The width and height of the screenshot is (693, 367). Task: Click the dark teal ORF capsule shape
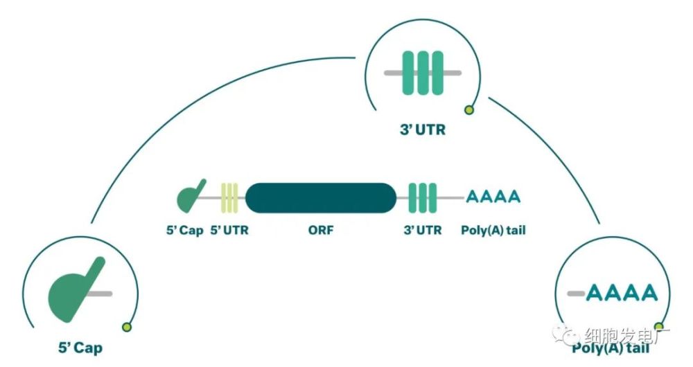click(x=320, y=198)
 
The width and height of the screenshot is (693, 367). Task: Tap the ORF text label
click(x=320, y=230)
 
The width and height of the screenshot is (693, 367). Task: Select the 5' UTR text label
click(x=229, y=230)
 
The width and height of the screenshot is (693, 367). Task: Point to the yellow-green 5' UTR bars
click(x=229, y=198)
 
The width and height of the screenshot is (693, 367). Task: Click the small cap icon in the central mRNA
click(x=191, y=197)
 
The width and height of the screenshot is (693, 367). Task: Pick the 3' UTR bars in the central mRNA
click(x=423, y=198)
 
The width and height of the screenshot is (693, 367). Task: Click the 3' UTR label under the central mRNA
click(x=422, y=230)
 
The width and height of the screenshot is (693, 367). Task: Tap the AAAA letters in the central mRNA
click(x=493, y=197)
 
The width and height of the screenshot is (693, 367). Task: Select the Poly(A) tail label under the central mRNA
click(x=493, y=230)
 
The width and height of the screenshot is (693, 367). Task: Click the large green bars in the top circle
click(x=423, y=73)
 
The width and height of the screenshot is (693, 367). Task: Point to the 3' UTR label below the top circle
click(x=423, y=129)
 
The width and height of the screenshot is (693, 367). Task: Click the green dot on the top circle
click(x=469, y=109)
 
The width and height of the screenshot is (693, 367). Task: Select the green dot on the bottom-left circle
click(x=126, y=327)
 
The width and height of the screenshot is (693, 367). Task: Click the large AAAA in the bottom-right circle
click(x=621, y=293)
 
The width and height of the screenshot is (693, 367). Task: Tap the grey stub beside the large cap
click(x=102, y=294)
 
